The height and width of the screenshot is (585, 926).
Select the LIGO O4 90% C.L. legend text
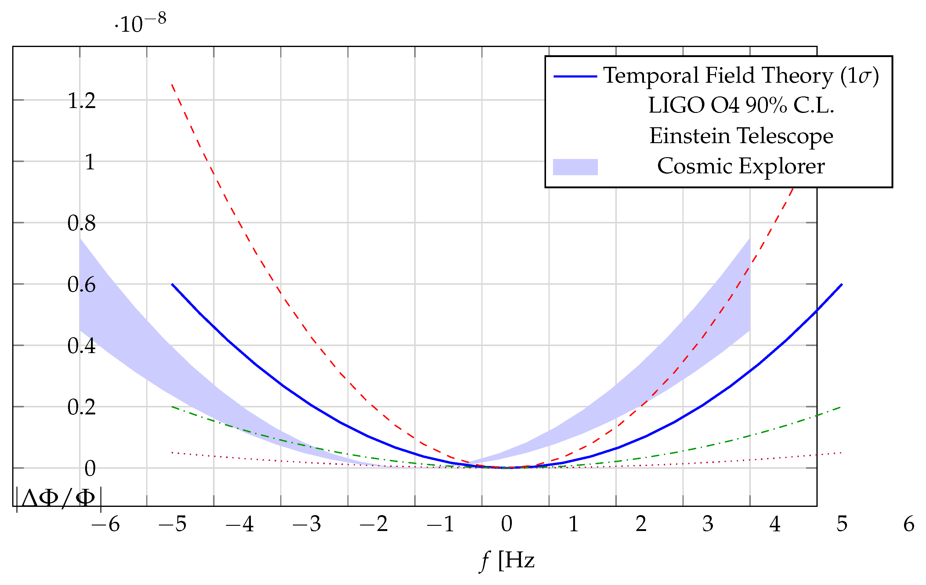(x=741, y=105)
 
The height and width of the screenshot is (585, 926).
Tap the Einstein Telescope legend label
(x=741, y=136)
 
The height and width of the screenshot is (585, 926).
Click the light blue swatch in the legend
(x=575, y=167)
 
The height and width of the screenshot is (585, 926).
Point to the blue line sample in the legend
(x=575, y=77)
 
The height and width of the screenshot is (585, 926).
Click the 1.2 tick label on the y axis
(x=81, y=101)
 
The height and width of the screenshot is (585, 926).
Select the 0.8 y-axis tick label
(x=81, y=223)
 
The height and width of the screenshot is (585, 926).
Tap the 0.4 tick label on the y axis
(x=81, y=345)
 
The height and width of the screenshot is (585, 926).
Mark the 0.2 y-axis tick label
(x=81, y=407)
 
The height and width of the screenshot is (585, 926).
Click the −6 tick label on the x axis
(x=105, y=524)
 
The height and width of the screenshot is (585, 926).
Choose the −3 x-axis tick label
(x=306, y=524)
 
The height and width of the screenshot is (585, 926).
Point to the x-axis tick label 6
(x=909, y=524)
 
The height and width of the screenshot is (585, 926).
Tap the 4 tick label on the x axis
(x=775, y=524)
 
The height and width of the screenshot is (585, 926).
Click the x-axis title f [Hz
(x=507, y=561)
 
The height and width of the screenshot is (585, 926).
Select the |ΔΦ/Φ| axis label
(x=59, y=499)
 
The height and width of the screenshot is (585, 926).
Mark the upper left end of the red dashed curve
(x=172, y=85)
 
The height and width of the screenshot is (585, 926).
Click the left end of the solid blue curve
(x=172, y=284)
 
